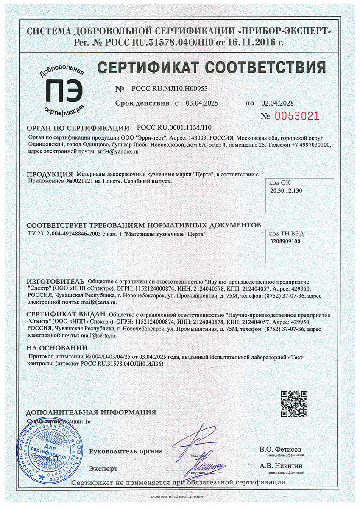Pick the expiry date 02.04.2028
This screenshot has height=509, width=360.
(277, 103)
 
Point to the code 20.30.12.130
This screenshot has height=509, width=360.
(286, 190)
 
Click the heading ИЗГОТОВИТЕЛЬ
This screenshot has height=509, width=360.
(56, 282)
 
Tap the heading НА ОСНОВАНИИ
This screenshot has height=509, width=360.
(57, 348)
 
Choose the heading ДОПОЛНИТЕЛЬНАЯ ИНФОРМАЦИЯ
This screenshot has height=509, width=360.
(91, 412)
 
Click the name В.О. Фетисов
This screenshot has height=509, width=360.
(280, 449)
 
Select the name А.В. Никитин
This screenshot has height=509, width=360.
(281, 466)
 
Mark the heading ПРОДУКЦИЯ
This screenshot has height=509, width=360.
(50, 174)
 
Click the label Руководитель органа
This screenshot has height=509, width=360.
(126, 452)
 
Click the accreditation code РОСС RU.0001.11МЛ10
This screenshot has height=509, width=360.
(174, 128)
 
